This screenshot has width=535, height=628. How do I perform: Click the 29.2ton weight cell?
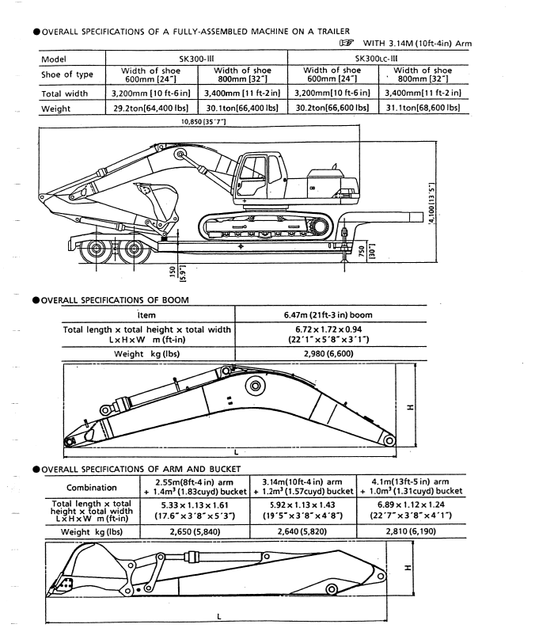151,108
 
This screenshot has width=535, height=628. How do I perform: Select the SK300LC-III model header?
376,59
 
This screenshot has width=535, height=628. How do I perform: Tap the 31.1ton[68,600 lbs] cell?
423,108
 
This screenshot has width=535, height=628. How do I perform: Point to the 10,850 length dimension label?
203,121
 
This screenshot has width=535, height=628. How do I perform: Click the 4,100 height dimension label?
431,204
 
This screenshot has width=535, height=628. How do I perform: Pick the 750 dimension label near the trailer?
362,252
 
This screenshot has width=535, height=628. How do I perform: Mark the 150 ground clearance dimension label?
173,272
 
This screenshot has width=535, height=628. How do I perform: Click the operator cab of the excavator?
260,178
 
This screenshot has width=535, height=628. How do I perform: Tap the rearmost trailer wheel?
96,249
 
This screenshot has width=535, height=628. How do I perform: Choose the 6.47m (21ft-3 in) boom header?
328,315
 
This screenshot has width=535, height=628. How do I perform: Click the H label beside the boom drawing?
410,407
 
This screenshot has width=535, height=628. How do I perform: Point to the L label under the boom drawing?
236,452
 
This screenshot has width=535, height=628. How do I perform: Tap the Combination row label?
92,487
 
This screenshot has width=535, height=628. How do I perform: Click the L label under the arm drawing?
219,616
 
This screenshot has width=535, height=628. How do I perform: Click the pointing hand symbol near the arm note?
346,43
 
